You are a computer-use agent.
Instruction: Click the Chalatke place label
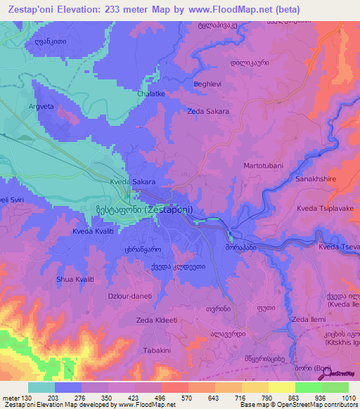(152, 93)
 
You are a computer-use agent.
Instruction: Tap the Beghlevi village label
(207, 84)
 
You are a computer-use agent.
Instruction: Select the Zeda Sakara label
(208, 111)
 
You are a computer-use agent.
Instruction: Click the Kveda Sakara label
(112, 181)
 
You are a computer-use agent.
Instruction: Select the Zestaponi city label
(144, 209)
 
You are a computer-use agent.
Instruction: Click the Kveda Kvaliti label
(95, 231)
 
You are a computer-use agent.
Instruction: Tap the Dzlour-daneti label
(127, 296)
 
